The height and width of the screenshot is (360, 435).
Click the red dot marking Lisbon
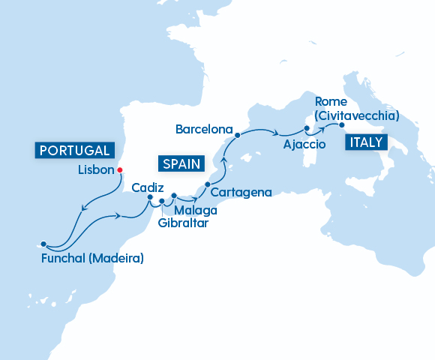coord(120,169)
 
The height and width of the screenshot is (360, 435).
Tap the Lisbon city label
coord(95,170)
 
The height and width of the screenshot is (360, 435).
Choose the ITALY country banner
coord(364,142)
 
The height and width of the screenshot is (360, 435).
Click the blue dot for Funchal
coord(44,244)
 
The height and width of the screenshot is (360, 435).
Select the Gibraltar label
coord(184,223)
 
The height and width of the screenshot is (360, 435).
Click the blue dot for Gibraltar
coord(162,202)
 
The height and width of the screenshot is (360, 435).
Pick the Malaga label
coord(191,210)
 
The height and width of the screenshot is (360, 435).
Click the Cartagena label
coord(241,193)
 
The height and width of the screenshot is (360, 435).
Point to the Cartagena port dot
coord(208,184)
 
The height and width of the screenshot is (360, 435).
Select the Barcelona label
coord(204,130)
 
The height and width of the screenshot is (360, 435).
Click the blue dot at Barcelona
coord(237,136)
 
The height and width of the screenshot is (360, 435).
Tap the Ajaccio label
coord(304,143)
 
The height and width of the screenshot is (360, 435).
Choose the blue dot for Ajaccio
coord(307,129)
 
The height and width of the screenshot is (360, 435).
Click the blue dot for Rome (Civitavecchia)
coord(341,125)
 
